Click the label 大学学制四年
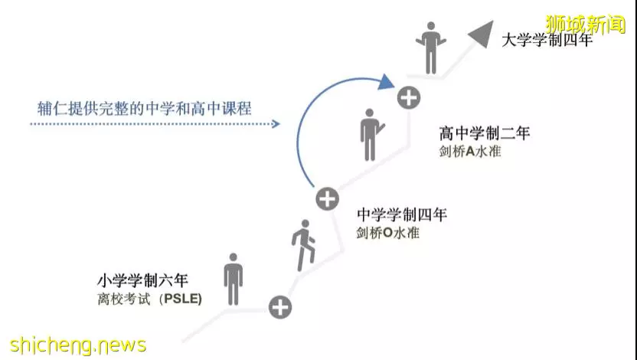click(547, 41)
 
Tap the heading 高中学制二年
click(484, 133)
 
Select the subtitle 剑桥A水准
click(469, 152)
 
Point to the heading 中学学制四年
click(402, 214)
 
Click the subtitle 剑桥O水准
click(387, 233)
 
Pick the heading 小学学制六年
click(142, 280)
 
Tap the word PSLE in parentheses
click(182, 299)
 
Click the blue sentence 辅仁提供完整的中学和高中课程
click(144, 109)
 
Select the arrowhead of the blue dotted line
click(276, 123)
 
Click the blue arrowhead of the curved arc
click(385, 82)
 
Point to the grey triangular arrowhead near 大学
click(482, 33)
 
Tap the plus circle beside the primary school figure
click(280, 307)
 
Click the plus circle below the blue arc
click(327, 199)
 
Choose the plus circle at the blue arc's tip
click(409, 97)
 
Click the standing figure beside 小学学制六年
click(234, 279)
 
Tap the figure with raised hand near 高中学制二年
click(371, 135)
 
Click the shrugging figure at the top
click(430, 48)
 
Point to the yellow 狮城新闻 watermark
click(585, 25)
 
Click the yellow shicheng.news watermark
click(77, 345)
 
